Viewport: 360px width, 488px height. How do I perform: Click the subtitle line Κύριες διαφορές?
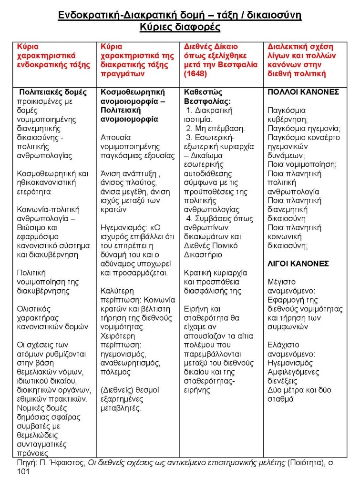tap(180, 27)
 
